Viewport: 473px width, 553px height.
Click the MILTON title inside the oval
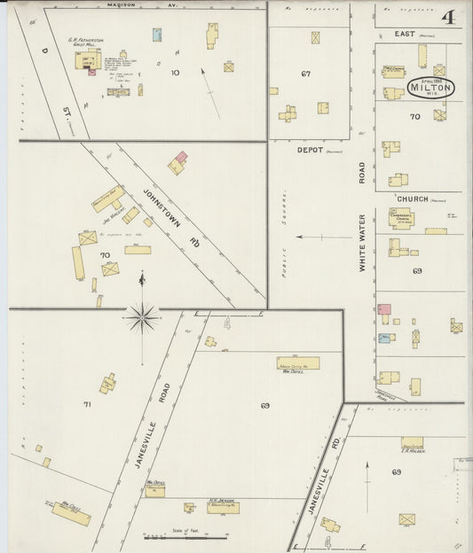(x=431, y=87)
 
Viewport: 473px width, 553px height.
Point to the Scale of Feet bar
(x=186, y=536)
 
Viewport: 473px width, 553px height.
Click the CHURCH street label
(x=412, y=199)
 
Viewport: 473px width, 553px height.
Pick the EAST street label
(x=406, y=33)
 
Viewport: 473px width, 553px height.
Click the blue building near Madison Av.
(x=157, y=35)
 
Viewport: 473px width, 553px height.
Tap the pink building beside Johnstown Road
(x=180, y=158)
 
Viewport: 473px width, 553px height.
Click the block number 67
(x=306, y=74)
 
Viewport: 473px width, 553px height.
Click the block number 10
(x=175, y=73)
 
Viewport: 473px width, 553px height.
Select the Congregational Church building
(x=401, y=218)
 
